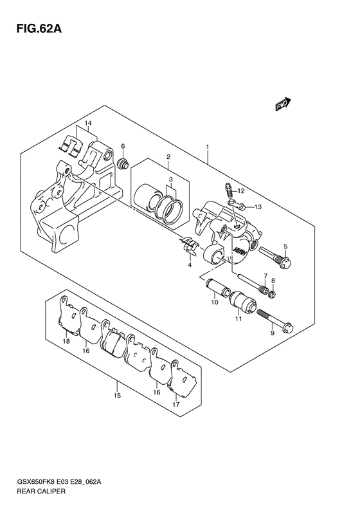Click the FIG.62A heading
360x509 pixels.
click(x=39, y=29)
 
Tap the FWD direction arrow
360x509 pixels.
click(x=283, y=104)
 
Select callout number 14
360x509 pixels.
click(x=88, y=123)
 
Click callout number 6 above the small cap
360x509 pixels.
click(x=123, y=146)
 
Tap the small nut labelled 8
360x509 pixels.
click(x=273, y=294)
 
